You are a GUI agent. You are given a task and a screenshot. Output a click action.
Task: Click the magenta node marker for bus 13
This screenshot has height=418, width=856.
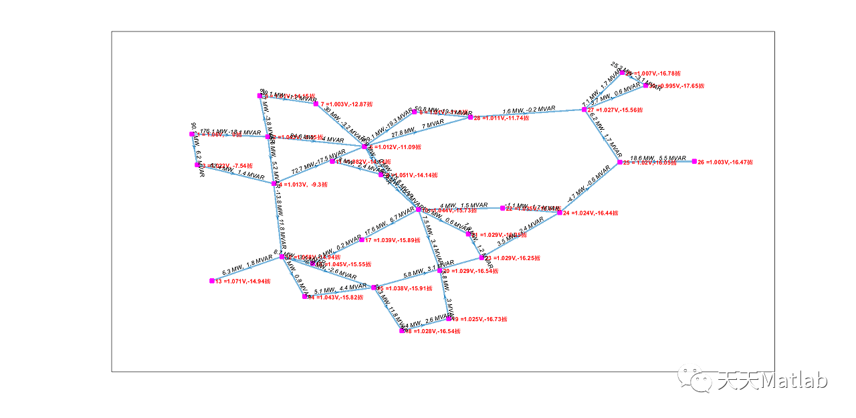pyautogui.click(x=211, y=281)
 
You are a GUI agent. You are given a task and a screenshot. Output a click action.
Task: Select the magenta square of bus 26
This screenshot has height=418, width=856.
pyautogui.click(x=694, y=161)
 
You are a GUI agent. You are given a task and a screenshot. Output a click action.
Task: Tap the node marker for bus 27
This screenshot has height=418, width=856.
pyautogui.click(x=584, y=109)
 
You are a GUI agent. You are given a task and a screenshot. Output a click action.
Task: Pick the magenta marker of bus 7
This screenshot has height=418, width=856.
pyautogui.click(x=316, y=104)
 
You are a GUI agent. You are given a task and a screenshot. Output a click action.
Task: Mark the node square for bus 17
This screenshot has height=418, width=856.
pyautogui.click(x=362, y=239)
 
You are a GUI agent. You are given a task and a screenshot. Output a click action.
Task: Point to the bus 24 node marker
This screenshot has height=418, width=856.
pyautogui.click(x=560, y=213)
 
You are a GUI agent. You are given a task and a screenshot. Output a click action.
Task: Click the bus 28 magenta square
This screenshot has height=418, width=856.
pyautogui.click(x=470, y=117)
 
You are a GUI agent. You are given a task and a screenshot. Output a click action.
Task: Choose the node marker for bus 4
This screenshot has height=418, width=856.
pyautogui.click(x=274, y=183)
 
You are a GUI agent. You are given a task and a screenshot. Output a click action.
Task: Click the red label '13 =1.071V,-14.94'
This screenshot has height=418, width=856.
pyautogui.click(x=243, y=282)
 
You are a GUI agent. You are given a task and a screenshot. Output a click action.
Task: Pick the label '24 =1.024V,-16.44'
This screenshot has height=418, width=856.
pyautogui.click(x=590, y=213)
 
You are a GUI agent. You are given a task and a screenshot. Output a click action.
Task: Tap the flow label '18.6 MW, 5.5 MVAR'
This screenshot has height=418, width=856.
pyautogui.click(x=658, y=158)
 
